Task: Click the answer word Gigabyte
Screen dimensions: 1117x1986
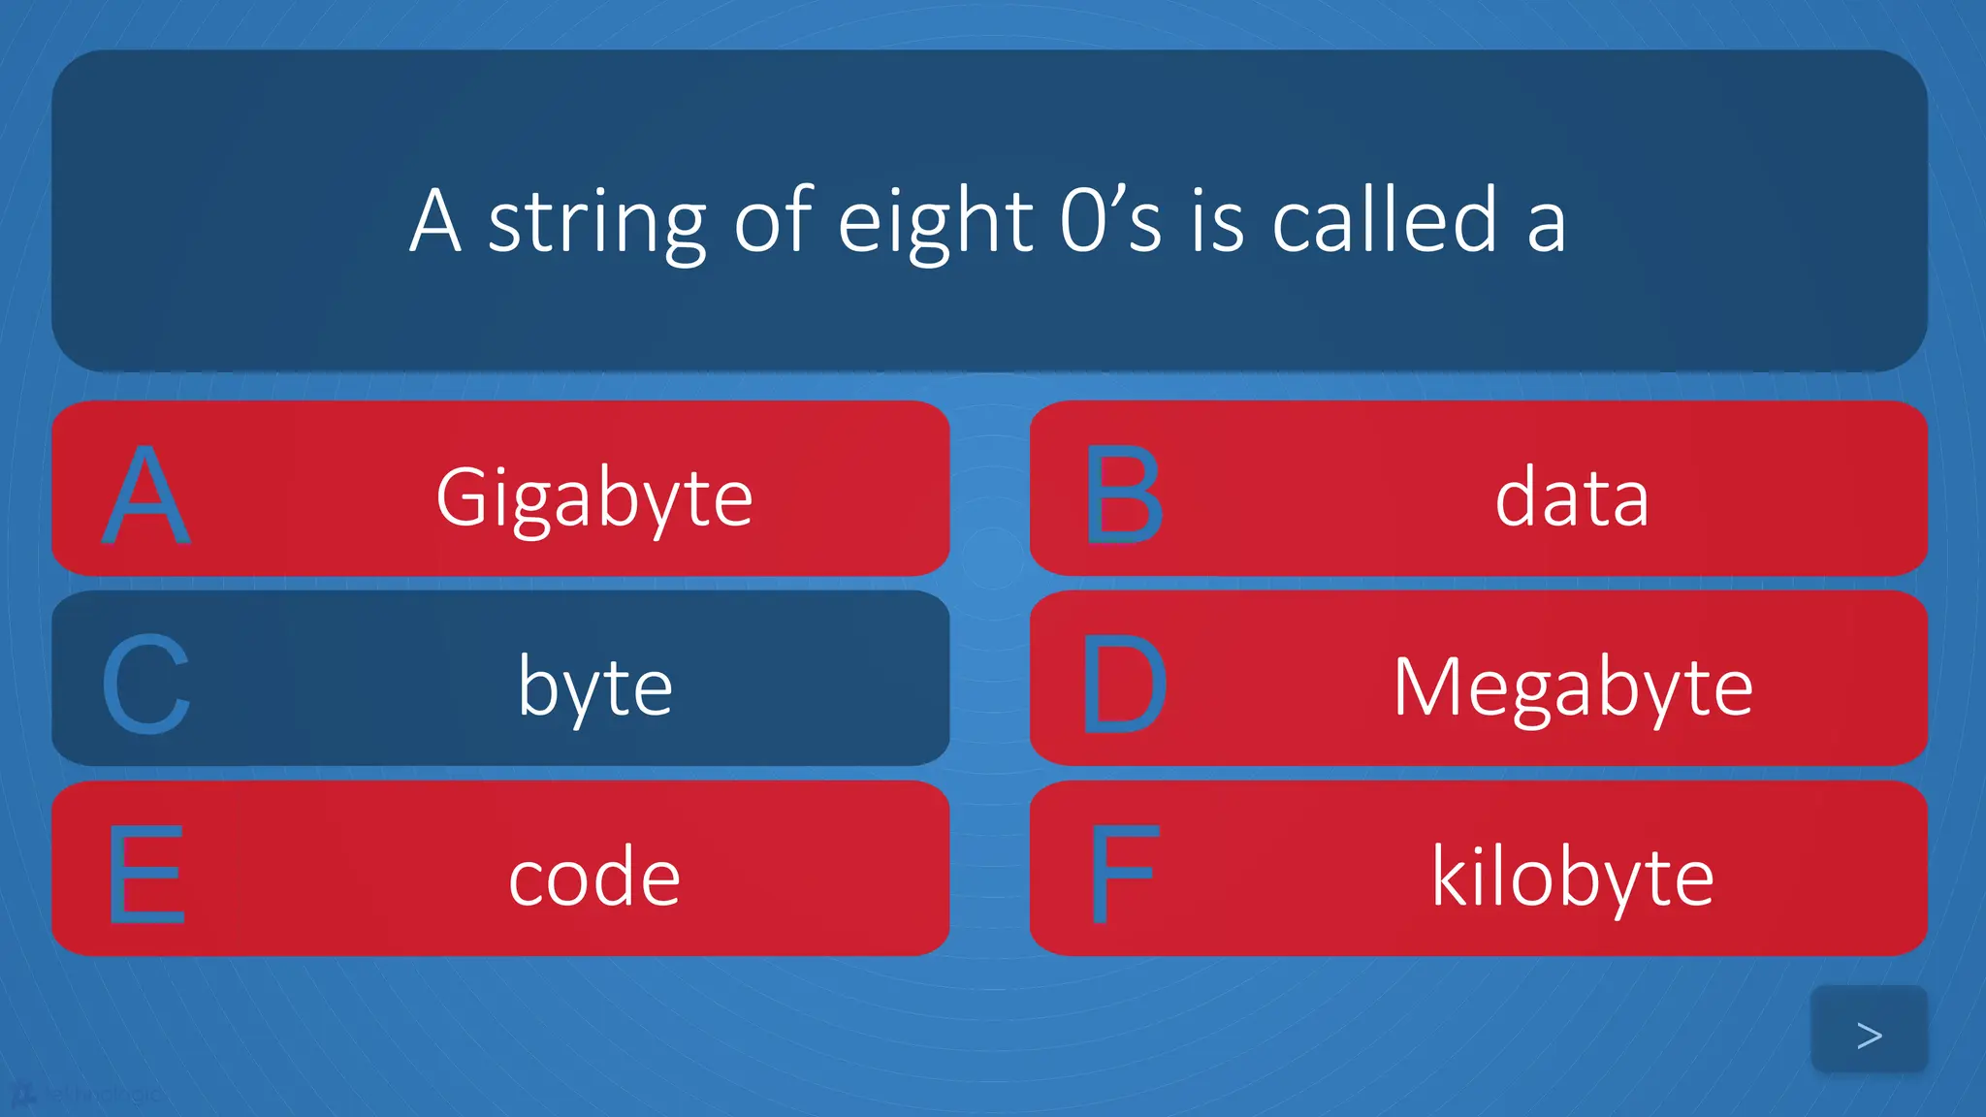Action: coord(593,497)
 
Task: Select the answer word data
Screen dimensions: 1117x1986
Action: coord(1572,497)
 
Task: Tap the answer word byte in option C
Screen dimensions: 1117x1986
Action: coord(594,686)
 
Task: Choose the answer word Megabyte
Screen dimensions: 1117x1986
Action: coord(1573,686)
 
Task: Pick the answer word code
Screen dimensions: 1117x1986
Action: coord(594,877)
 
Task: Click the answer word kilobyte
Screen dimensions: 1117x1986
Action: coord(1573,877)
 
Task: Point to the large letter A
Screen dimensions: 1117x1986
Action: coord(146,495)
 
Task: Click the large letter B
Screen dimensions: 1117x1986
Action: coord(1123,495)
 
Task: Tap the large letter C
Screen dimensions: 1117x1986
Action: coord(146,685)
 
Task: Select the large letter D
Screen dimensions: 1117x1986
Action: coord(1123,685)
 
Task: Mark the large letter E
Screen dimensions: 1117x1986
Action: coord(146,874)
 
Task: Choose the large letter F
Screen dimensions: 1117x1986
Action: coord(1123,874)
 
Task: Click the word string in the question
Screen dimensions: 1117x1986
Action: coord(596,223)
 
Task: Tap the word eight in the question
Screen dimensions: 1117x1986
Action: coord(935,223)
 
